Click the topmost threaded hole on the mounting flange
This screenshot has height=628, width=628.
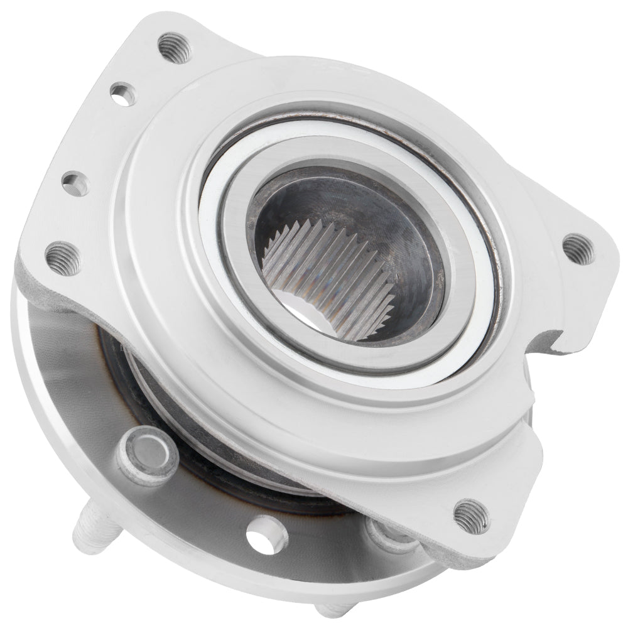click(174, 48)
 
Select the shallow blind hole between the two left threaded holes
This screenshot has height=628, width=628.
click(75, 183)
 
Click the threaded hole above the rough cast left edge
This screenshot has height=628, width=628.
click(63, 257)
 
